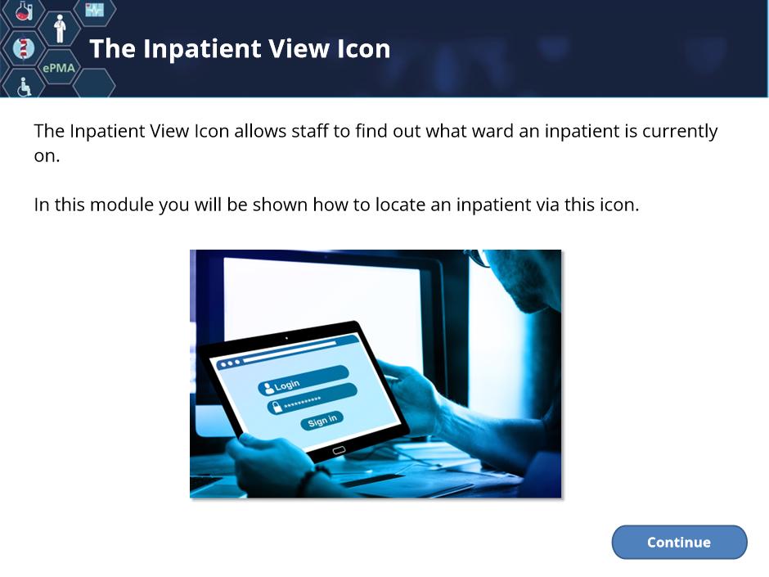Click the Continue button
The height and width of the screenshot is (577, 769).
[x=679, y=542]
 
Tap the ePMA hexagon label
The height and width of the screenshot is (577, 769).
[x=59, y=68]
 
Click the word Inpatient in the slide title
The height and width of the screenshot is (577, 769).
[x=202, y=49]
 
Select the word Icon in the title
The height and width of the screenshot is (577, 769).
[x=363, y=48]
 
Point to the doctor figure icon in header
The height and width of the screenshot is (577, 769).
[x=60, y=29]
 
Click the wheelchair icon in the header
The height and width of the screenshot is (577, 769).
[x=24, y=87]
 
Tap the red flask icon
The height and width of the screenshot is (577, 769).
[x=24, y=11]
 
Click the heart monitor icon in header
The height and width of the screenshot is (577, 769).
[x=94, y=9]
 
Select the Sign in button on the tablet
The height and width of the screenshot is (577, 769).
[x=322, y=421]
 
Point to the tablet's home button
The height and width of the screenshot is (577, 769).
[x=339, y=450]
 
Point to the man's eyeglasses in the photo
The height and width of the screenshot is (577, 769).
[x=479, y=258]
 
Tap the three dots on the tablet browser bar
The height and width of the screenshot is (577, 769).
[x=230, y=363]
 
